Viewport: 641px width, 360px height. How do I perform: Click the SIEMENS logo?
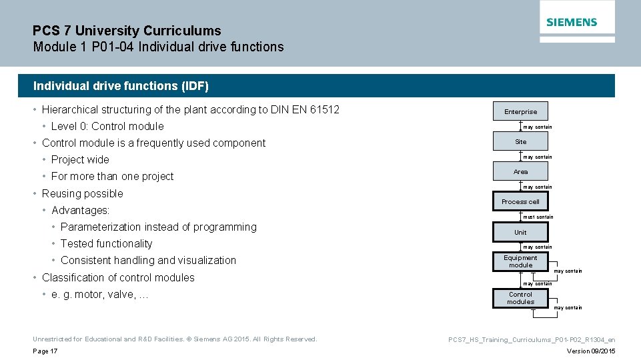tap(572, 22)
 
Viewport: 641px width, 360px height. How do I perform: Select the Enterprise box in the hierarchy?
tap(520, 111)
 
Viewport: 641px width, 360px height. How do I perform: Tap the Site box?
tap(520, 141)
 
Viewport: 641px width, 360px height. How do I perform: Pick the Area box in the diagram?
tap(520, 171)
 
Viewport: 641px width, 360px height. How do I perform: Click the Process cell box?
tap(520, 201)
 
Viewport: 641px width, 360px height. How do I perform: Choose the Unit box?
tap(520, 232)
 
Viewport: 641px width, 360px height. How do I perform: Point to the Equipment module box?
tap(520, 261)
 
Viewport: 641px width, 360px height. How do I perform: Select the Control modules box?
tap(520, 298)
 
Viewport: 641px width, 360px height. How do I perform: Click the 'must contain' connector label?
tap(538, 217)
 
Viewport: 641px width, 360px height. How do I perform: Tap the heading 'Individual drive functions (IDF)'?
tap(121, 86)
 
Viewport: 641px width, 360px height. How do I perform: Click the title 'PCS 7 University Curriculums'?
tap(127, 31)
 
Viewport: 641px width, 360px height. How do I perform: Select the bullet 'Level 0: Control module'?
tap(107, 126)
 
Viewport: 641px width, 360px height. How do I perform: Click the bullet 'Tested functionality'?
tap(106, 243)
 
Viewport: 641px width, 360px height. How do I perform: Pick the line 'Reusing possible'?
tap(82, 193)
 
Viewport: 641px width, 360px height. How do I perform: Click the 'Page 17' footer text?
tap(45, 351)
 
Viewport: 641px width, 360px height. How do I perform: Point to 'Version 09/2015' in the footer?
tap(591, 351)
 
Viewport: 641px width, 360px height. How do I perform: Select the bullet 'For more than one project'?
tap(112, 176)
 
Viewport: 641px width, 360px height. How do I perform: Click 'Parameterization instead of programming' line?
tap(158, 227)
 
